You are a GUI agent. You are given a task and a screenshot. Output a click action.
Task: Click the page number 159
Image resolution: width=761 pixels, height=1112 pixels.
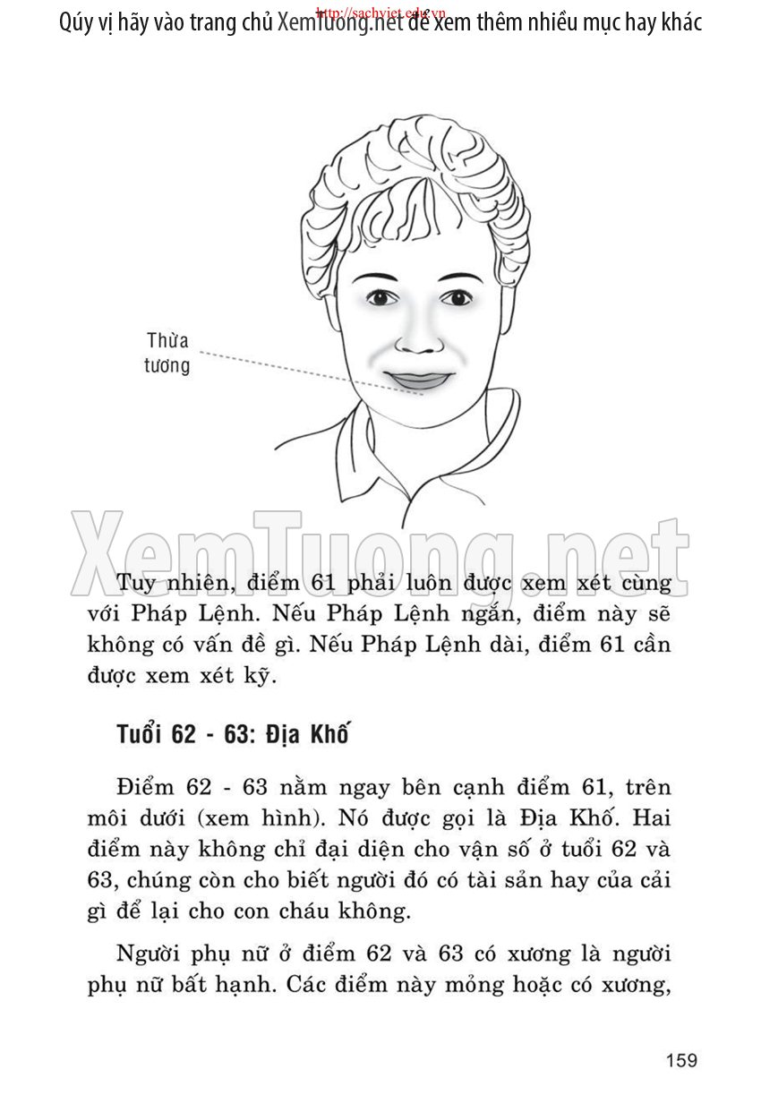(681, 1061)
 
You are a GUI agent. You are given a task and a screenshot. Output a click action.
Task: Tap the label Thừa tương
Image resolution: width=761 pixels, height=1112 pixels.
(167, 353)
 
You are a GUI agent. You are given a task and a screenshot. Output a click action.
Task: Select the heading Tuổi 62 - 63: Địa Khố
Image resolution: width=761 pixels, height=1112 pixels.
(231, 735)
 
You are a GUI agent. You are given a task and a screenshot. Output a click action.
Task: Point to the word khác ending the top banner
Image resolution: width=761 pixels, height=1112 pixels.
(675, 22)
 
